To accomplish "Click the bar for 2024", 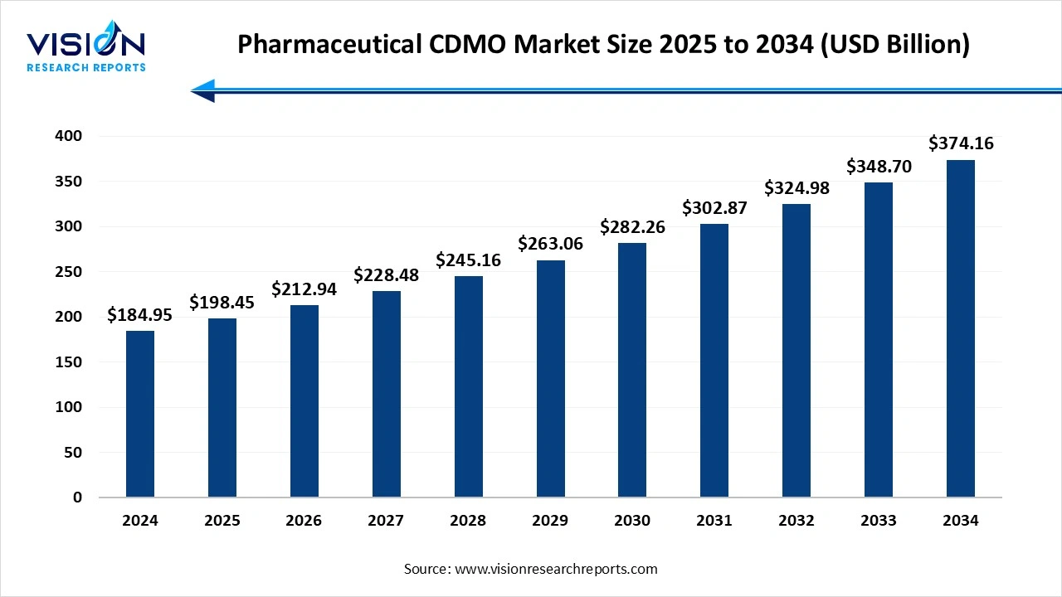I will tap(140, 414).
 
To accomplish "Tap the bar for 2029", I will tap(550, 379).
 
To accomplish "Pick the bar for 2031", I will tap(714, 361).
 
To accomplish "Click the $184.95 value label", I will tap(140, 315).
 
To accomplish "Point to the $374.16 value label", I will tap(961, 143).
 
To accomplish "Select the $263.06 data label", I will tap(550, 244).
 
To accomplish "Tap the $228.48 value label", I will tap(387, 274).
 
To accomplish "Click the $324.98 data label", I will tap(796, 187).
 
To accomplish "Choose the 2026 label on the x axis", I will tap(304, 521).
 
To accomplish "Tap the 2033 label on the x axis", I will tap(879, 521).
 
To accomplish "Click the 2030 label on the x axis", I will tap(632, 521).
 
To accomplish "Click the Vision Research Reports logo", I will tap(86, 50).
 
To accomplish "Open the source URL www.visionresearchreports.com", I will tap(557, 569).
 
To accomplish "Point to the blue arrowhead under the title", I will tap(203, 90).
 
